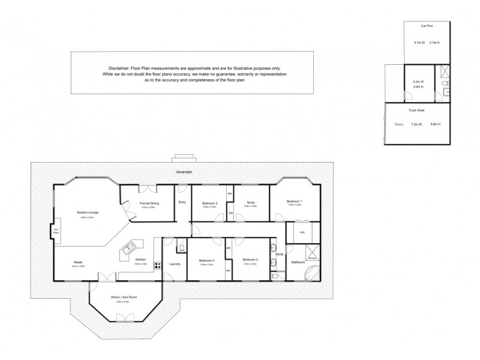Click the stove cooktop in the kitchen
click(158, 265)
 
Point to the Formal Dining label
click(149, 203)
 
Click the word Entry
click(182, 202)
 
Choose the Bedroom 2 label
click(209, 203)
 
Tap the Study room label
click(250, 203)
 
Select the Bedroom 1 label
click(294, 201)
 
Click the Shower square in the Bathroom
click(312, 252)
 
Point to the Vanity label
click(279, 254)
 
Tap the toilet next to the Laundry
click(181, 246)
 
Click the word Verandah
click(182, 173)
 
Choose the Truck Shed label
click(417, 110)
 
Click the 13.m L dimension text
click(398, 125)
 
